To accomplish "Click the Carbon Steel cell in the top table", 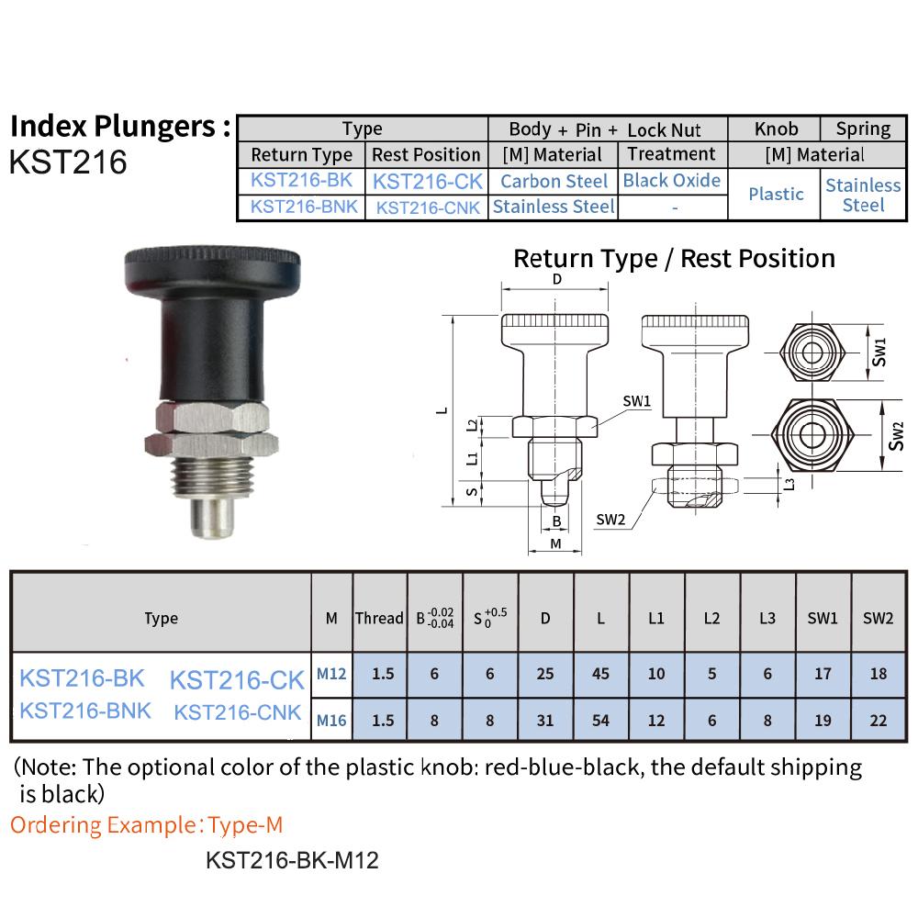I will [554, 181].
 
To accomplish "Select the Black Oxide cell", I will [671, 180].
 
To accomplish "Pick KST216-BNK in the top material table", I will [304, 207].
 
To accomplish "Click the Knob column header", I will [776, 129].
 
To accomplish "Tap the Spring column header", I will [863, 129].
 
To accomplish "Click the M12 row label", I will [331, 674].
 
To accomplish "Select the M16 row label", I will [331, 721].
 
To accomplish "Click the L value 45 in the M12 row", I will [600, 674].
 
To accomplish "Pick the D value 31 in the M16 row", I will [545, 721].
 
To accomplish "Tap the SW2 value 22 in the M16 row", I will [878, 721].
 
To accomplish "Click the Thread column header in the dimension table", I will [379, 618].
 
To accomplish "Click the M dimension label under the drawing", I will [555, 544].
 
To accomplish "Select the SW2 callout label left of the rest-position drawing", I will [610, 520].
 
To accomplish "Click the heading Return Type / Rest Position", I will [674, 258].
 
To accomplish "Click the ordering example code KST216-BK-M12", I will [292, 861].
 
